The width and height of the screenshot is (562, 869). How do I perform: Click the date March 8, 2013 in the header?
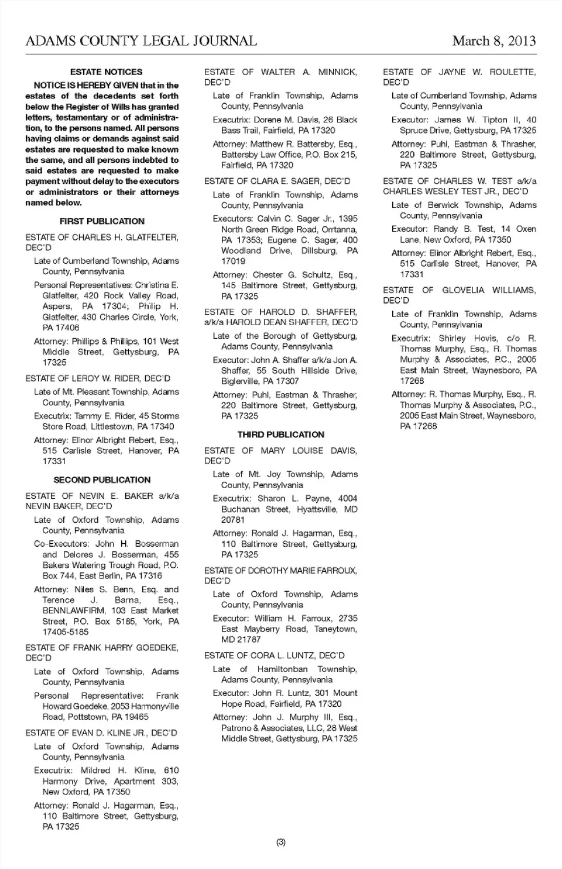click(494, 40)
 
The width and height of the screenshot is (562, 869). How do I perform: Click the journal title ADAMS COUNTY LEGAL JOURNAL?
click(141, 40)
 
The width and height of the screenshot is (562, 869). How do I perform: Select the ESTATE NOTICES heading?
click(106, 72)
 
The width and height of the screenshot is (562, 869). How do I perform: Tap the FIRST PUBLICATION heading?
click(102, 221)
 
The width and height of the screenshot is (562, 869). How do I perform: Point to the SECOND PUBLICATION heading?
click(102, 479)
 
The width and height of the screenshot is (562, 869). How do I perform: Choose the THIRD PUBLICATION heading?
click(280, 434)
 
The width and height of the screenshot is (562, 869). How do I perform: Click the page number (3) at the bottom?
click(280, 842)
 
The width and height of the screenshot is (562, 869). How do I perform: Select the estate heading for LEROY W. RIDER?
click(98, 379)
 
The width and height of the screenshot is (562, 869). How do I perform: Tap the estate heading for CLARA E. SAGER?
click(277, 181)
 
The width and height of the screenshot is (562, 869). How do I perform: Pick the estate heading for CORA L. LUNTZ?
click(274, 655)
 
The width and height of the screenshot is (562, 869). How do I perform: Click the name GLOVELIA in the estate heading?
click(463, 290)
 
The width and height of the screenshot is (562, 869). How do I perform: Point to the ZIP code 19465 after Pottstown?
click(136, 717)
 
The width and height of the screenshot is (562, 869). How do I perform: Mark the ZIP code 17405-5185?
click(66, 632)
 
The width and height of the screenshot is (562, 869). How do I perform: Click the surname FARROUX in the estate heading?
click(334, 570)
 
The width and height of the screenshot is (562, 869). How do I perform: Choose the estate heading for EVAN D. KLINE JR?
click(101, 732)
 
